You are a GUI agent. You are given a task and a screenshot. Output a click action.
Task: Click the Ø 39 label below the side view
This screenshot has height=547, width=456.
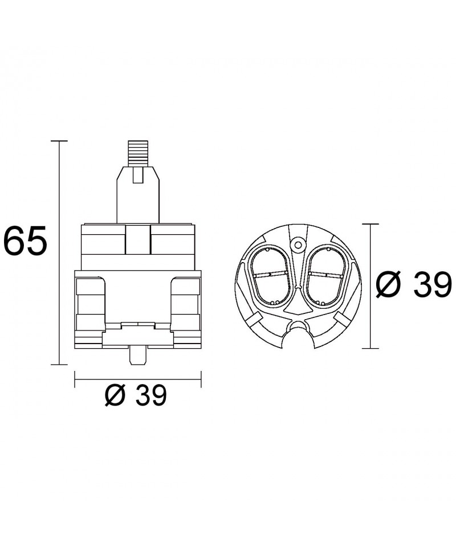point(136,395)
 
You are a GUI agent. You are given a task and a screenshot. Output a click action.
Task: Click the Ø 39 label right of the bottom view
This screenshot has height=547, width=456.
point(413,285)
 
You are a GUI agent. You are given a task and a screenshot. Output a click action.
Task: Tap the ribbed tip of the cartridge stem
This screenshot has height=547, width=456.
point(138,153)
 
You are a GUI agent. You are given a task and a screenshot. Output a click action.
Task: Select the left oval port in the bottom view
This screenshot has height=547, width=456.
point(270,276)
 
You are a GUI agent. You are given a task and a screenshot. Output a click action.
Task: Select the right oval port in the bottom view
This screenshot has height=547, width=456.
point(325,276)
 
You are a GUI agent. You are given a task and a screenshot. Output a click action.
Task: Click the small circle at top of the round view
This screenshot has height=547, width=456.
point(298,245)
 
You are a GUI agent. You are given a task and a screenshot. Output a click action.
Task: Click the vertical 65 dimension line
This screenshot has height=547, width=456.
point(60,252)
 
